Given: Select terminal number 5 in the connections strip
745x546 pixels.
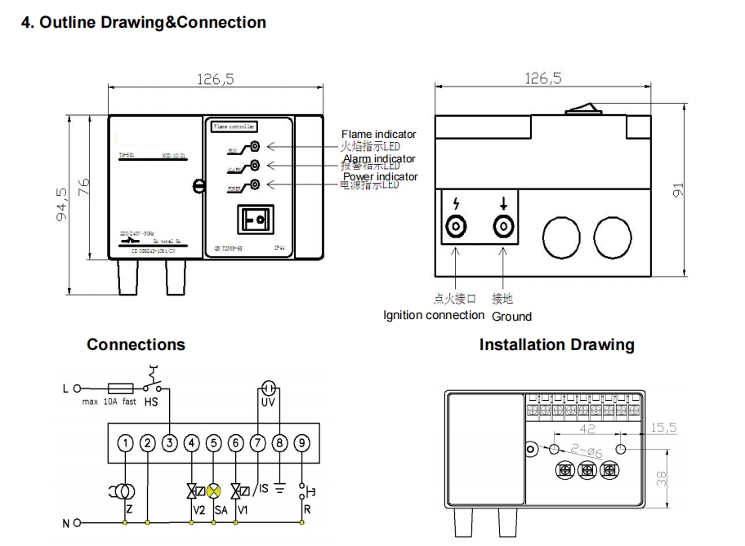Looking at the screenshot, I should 214,444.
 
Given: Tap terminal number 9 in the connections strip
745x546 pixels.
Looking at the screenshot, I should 302,444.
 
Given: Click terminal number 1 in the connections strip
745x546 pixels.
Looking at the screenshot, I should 125,444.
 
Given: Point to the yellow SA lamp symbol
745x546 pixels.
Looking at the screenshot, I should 214,491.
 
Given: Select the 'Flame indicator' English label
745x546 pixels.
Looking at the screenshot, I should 378,135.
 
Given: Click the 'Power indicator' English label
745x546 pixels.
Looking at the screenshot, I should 380,176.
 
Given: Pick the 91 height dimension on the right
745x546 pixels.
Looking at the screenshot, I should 676,189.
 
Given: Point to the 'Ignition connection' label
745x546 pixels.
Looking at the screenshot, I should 434,316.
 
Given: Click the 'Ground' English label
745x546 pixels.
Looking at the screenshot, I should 511,317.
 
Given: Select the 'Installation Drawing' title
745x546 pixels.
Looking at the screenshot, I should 556,345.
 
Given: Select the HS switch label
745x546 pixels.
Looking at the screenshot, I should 151,402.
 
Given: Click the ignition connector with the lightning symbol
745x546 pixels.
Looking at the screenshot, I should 454,226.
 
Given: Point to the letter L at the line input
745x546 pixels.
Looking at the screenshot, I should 65,388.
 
